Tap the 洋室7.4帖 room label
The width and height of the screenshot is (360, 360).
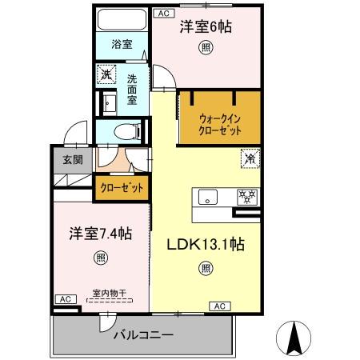tap(99, 234)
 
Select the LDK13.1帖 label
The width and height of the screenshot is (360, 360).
tap(206, 246)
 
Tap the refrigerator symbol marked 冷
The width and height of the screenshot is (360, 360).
tap(250, 158)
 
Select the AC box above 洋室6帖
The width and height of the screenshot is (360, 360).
tap(162, 14)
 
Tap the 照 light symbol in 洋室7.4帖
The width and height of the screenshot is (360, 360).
tap(100, 257)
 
